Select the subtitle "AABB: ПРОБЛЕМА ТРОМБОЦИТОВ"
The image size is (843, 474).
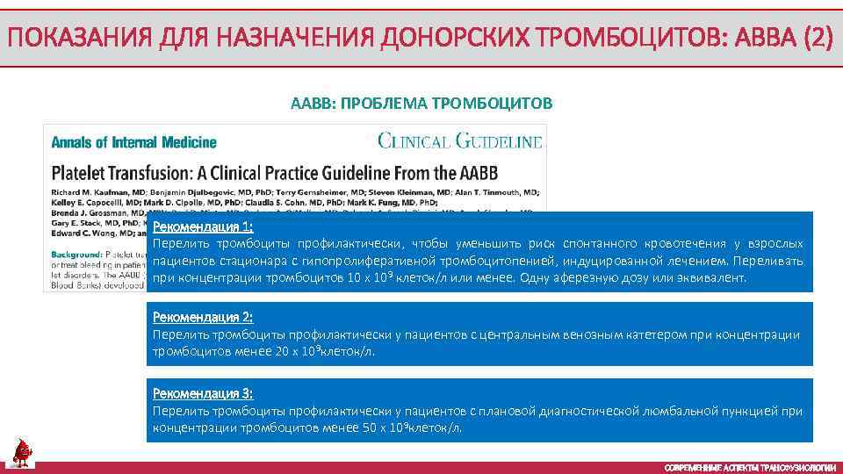click(x=421, y=104)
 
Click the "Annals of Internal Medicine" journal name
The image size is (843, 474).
click(x=134, y=141)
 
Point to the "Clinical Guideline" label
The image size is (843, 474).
click(x=460, y=140)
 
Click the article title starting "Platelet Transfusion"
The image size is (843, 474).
click(x=283, y=171)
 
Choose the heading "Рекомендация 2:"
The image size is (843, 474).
click(x=203, y=317)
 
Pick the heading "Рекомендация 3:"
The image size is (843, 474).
click(x=203, y=393)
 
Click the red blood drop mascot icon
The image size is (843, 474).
click(x=22, y=452)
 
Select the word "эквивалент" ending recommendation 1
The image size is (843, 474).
click(x=712, y=278)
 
